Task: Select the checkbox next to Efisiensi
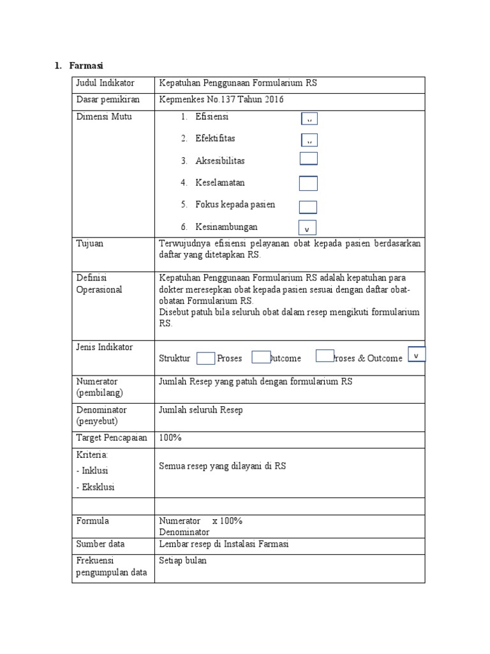pos(309,118)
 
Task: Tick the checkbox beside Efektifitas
pos(309,140)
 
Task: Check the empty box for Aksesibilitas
pos(308,159)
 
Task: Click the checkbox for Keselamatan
pos(308,183)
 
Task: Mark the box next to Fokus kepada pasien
pos(308,207)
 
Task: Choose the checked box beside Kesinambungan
pos(307,228)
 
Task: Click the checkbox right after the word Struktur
pos(205,358)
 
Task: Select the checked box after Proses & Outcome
pos(417,354)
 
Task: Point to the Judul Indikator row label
pos(105,84)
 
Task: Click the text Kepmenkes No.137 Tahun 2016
pos(221,100)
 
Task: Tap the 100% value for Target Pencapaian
pos(170,438)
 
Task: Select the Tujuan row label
pos(89,243)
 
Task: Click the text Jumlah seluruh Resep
pos(201,410)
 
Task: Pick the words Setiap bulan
pos(183,561)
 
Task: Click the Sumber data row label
pos(100,544)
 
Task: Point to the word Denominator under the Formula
pos(184,531)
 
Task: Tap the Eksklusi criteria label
pos(95,487)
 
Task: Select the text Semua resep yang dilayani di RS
pos(223,466)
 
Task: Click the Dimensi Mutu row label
pos(104,117)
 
